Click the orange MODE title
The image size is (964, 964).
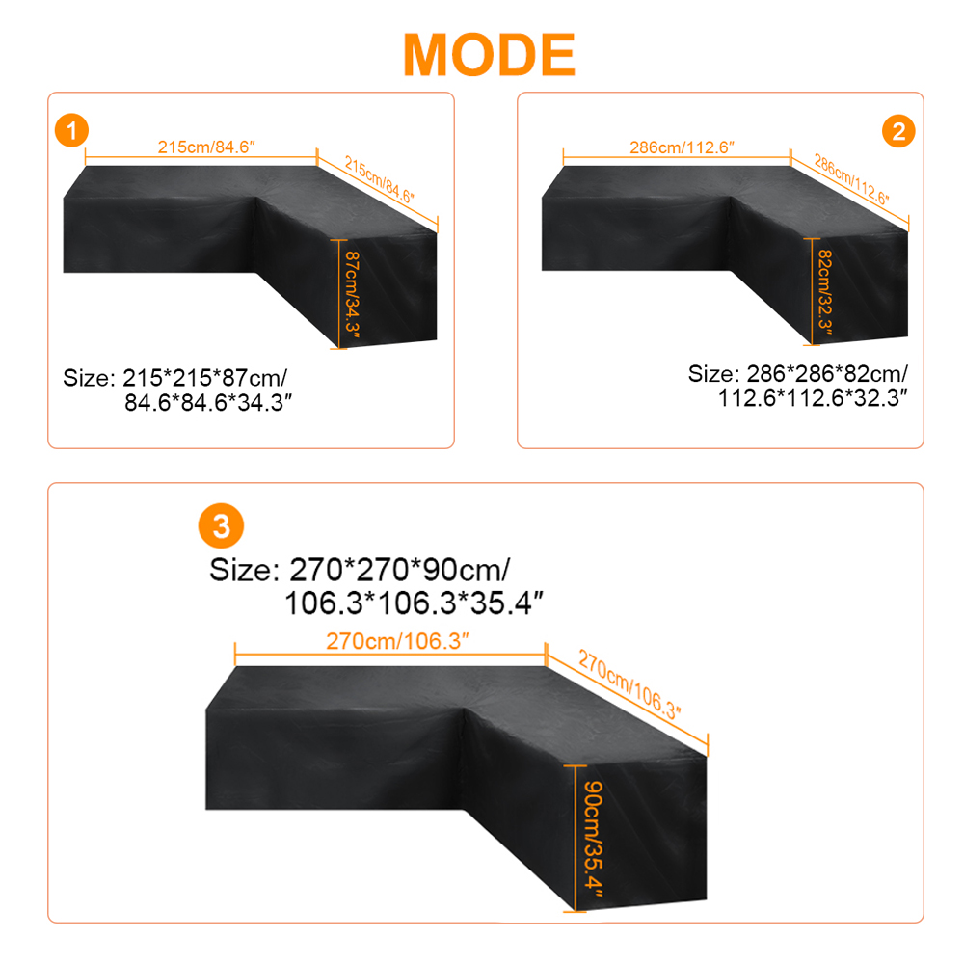point(490,55)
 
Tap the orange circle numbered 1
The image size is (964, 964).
point(72,130)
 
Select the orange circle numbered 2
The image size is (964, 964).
point(898,131)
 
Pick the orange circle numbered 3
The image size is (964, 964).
point(221,526)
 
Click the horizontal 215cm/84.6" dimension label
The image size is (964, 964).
point(206,147)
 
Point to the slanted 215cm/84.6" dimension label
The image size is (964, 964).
point(379,179)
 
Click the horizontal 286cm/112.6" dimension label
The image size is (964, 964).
point(682,147)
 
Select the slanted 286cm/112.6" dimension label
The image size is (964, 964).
point(851,179)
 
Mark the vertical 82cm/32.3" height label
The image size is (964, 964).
point(825,292)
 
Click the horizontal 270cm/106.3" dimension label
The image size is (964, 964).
point(397,641)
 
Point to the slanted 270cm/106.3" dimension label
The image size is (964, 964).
point(629,684)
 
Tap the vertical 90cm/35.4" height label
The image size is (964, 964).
point(593,839)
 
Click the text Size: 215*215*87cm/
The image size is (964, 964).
point(175,378)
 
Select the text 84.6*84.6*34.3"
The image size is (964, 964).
point(208,403)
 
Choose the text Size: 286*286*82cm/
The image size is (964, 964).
point(798,374)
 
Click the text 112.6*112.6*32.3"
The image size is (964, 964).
point(813,398)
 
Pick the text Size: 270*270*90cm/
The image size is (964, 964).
point(360,570)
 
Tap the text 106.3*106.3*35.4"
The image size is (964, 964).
point(415,603)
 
